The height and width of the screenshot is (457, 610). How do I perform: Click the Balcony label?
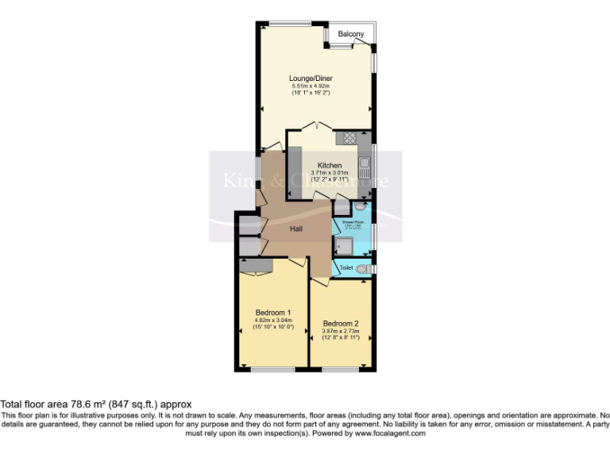[x=351, y=34]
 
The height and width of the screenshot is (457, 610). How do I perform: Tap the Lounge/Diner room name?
[x=310, y=79]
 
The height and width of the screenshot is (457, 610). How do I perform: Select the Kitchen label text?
[x=330, y=165]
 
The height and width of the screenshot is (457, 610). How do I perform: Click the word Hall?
[x=295, y=229]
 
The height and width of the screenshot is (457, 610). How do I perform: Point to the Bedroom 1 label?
[x=272, y=312]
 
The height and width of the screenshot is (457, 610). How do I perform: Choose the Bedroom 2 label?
[x=341, y=323]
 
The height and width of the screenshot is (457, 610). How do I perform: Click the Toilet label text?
[x=346, y=268]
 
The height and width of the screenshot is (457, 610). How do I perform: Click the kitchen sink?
[x=365, y=167]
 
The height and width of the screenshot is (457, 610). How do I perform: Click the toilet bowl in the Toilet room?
[x=364, y=270]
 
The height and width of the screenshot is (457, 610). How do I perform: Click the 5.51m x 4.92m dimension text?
[x=310, y=86]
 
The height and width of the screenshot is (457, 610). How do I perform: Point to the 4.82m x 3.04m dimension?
[x=272, y=320]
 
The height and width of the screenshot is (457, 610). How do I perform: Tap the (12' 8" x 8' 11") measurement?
[x=341, y=338]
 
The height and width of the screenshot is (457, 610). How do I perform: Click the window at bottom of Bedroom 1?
[x=272, y=369]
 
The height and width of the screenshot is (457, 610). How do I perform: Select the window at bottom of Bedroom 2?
[x=341, y=369]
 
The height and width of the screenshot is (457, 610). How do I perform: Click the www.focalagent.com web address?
[x=390, y=433]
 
